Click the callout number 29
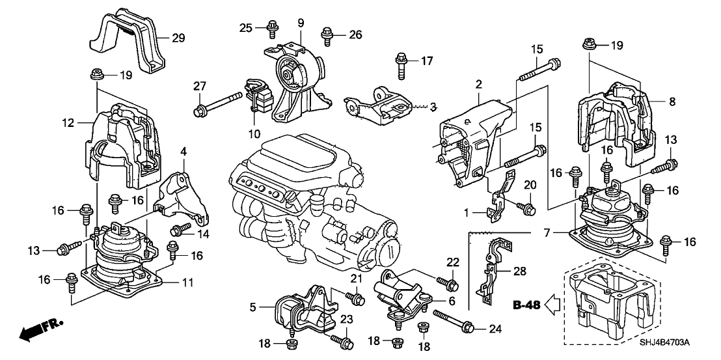178,38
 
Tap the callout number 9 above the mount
301,23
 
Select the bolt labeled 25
271,28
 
